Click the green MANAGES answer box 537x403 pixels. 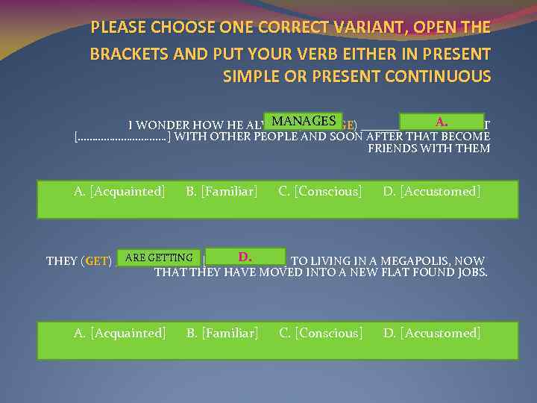click(x=303, y=121)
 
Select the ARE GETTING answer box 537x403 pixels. click(x=159, y=258)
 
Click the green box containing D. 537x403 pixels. click(x=244, y=258)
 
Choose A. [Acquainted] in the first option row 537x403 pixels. click(x=119, y=192)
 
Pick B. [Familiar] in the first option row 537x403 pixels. click(x=222, y=192)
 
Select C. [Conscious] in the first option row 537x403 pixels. click(x=320, y=192)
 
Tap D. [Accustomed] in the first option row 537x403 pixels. click(x=432, y=192)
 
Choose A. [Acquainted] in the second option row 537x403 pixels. click(x=119, y=333)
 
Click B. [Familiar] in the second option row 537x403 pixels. click(x=222, y=333)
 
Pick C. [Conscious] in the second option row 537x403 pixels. click(x=321, y=333)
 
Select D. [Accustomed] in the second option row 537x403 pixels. click(x=432, y=333)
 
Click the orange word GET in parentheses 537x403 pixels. click(x=98, y=261)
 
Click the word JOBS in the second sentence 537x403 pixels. click(x=471, y=272)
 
